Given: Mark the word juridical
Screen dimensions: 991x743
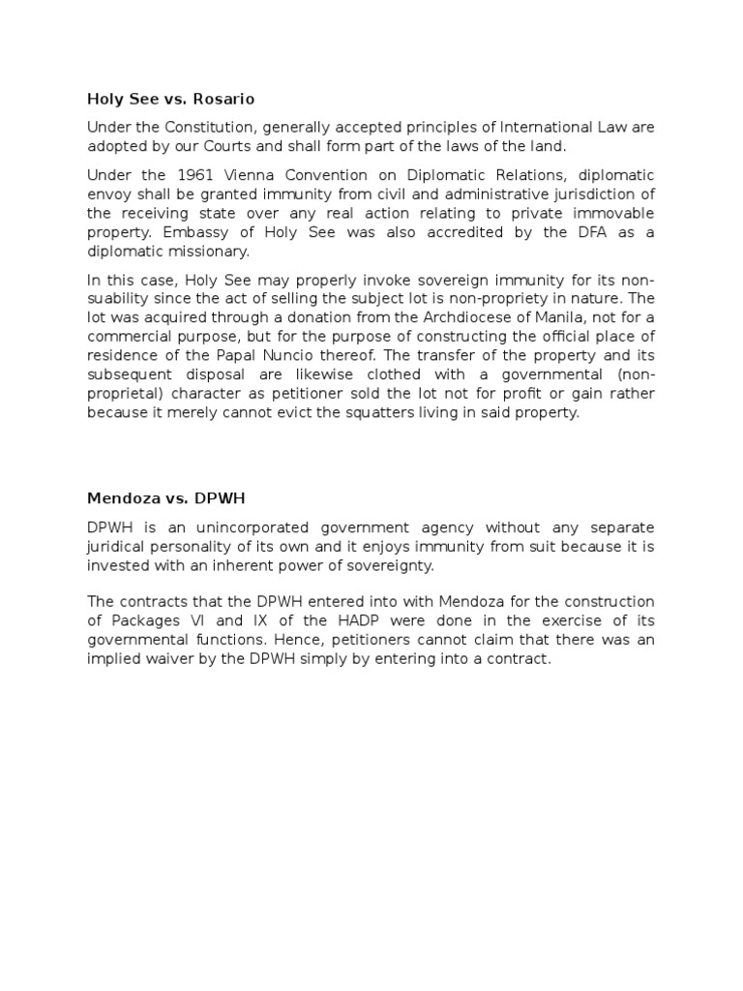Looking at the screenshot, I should (114, 547).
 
